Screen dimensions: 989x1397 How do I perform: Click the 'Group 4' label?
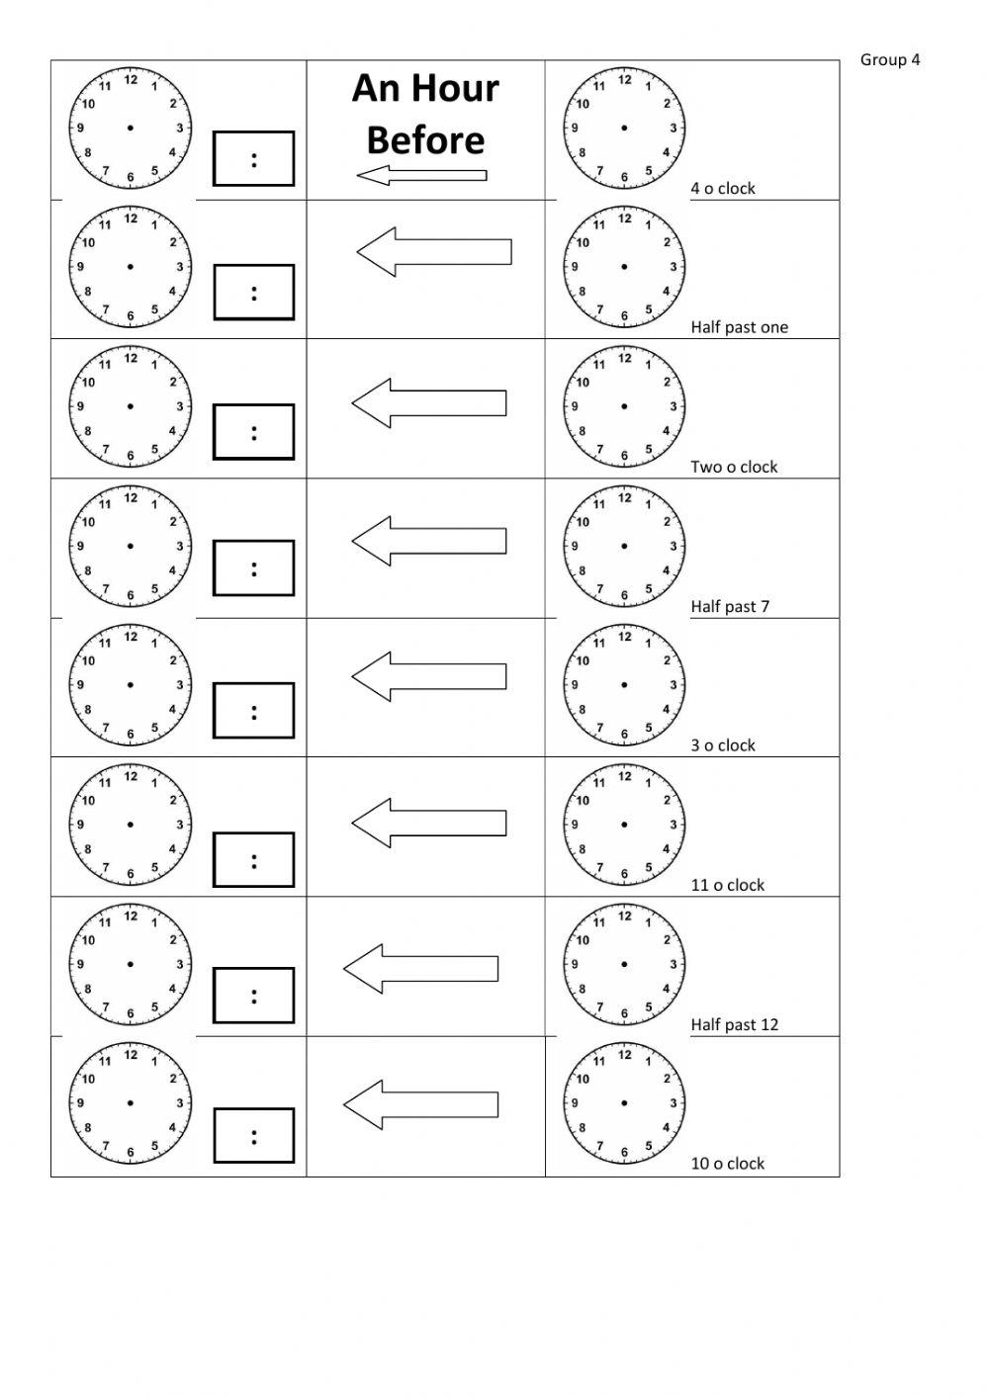[890, 60]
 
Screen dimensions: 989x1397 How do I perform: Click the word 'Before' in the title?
[425, 140]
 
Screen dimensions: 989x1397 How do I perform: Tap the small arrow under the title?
[421, 175]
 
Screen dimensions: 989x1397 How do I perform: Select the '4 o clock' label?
[723, 189]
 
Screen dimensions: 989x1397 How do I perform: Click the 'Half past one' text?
[740, 327]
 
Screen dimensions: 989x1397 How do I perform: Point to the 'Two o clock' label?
[734, 467]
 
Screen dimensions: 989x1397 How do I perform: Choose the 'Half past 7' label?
[730, 607]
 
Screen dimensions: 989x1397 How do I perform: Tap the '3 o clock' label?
[723, 745]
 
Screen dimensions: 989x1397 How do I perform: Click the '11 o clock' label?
[728, 885]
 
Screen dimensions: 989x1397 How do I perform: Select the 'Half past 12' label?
[735, 1024]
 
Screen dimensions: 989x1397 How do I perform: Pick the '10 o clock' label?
[728, 1164]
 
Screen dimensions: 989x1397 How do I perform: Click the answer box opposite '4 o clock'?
[253, 158]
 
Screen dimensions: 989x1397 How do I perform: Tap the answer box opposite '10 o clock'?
[253, 1136]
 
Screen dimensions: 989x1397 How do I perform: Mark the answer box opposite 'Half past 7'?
[253, 568]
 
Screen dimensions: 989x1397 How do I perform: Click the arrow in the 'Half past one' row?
[434, 251]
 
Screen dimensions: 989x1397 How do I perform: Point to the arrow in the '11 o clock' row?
[429, 824]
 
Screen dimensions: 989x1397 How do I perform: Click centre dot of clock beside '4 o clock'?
[624, 128]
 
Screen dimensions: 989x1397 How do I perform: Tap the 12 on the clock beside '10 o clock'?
[625, 1055]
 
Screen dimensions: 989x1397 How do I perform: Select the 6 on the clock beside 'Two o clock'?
[624, 456]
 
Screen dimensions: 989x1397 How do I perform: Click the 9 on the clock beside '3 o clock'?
[575, 685]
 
